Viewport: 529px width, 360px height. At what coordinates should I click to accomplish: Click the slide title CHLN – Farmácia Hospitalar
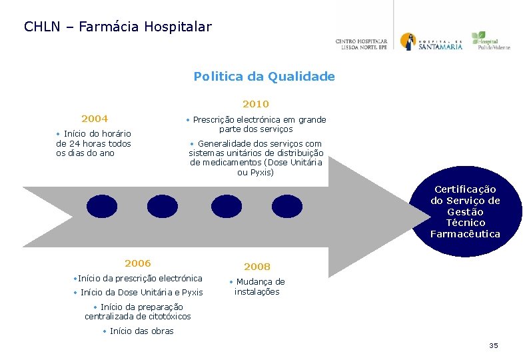118,27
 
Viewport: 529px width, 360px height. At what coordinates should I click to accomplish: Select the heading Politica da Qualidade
264,77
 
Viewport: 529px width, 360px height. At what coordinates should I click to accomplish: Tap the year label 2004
95,119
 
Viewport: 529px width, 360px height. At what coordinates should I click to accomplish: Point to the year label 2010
256,104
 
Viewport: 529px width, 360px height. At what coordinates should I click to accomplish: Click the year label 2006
138,263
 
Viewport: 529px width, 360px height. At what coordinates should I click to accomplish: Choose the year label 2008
257,267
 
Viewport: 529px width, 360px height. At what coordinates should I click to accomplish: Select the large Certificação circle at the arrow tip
465,211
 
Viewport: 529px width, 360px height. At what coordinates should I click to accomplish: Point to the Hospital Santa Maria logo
431,42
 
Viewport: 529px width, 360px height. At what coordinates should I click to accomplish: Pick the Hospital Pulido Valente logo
490,41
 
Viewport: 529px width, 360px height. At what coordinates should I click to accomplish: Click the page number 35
494,345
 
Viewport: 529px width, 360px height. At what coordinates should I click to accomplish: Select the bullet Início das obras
138,331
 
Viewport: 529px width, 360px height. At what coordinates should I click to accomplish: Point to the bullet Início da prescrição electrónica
138,278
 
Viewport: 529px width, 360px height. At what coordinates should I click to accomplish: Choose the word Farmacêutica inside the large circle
465,234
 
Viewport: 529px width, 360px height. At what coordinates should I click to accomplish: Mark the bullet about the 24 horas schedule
93,143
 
